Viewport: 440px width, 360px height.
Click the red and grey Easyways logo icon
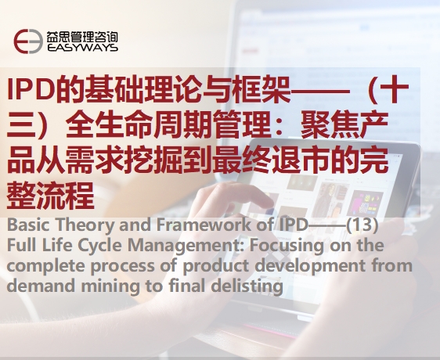(28, 41)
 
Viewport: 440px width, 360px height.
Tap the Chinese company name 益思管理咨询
(82, 36)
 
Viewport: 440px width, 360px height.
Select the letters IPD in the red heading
(31, 89)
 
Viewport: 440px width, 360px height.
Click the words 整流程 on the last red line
(51, 196)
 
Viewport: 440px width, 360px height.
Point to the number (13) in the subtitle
(362, 225)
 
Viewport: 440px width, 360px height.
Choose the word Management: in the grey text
(186, 246)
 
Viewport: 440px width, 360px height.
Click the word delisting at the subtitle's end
(247, 286)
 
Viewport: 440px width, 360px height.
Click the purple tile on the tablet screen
(367, 204)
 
